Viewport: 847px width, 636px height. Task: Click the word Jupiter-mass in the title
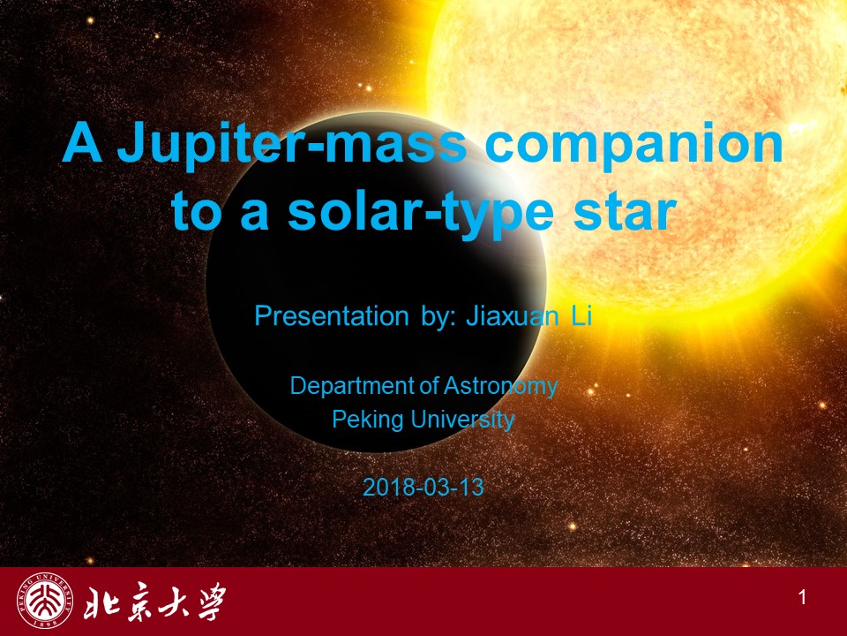coord(292,143)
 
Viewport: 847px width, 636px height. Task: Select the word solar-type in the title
coord(421,213)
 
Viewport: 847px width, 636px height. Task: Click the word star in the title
coord(625,211)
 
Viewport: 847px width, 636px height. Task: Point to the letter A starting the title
coord(83,141)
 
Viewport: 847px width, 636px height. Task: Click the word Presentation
coord(331,315)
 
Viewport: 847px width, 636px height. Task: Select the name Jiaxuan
coord(513,315)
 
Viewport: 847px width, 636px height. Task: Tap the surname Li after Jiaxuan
coord(582,315)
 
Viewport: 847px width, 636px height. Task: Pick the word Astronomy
coord(501,387)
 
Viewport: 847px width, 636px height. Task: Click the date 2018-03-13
coord(423,488)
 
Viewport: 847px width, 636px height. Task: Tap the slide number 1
coord(802,598)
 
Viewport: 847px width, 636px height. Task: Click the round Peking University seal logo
coord(45,601)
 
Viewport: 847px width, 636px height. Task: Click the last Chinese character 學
coord(209,602)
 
